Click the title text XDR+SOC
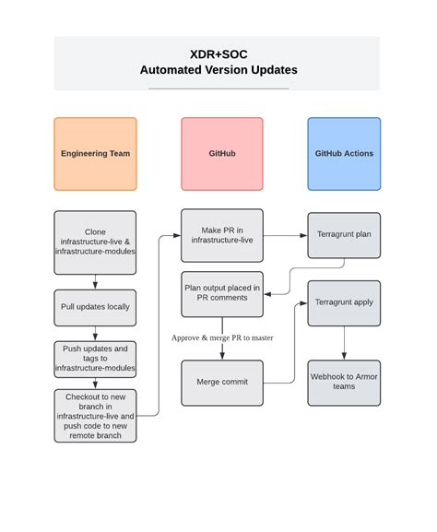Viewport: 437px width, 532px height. click(x=218, y=54)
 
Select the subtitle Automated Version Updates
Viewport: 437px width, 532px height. click(x=218, y=70)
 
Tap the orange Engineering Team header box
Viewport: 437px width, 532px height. click(x=95, y=153)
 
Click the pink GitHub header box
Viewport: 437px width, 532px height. click(x=221, y=153)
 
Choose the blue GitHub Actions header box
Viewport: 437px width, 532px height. click(x=344, y=153)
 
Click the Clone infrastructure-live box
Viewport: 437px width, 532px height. click(x=95, y=242)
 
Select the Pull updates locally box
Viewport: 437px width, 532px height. click(x=95, y=306)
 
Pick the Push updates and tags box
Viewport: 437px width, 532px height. click(x=95, y=358)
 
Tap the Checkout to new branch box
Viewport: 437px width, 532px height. click(x=95, y=415)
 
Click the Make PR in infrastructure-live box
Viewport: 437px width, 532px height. click(x=221, y=234)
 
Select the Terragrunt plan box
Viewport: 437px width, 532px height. click(x=344, y=234)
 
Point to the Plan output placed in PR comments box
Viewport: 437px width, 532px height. click(x=221, y=293)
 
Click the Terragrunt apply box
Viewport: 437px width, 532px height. click(x=344, y=302)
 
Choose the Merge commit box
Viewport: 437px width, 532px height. click(x=221, y=382)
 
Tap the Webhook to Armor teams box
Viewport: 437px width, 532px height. click(x=344, y=382)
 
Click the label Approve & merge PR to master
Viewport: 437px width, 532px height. click(x=221, y=337)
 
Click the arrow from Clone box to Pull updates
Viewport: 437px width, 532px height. click(x=95, y=282)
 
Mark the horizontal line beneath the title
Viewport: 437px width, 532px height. click(x=218, y=89)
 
